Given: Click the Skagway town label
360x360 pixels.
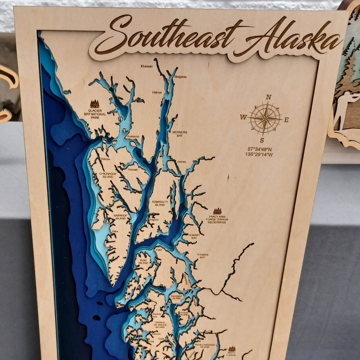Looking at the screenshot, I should point(180,76).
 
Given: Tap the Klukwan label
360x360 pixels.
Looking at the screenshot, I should point(147,66).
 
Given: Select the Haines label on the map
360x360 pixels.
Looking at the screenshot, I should point(157,92).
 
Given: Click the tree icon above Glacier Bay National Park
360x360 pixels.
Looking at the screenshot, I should point(94,104).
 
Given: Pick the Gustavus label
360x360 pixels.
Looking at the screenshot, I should point(133,136).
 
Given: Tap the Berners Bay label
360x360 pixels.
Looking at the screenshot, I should point(180,134).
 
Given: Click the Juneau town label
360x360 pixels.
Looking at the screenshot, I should point(182,162).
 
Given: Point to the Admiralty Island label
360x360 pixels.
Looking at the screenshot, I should point(160,203).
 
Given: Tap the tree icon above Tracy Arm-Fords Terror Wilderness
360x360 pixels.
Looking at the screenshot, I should point(217,211).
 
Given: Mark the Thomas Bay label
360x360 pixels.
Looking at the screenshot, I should point(202,256).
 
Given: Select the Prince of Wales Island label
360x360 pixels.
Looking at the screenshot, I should point(160,324).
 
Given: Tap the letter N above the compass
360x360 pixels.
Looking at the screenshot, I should point(269,97).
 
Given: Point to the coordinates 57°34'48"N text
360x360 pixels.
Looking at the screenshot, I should point(260,149).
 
